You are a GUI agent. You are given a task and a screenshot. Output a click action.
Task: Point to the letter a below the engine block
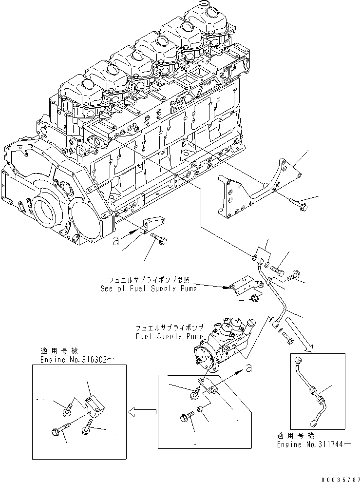115,240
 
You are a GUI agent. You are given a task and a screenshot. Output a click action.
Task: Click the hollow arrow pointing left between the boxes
142,412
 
